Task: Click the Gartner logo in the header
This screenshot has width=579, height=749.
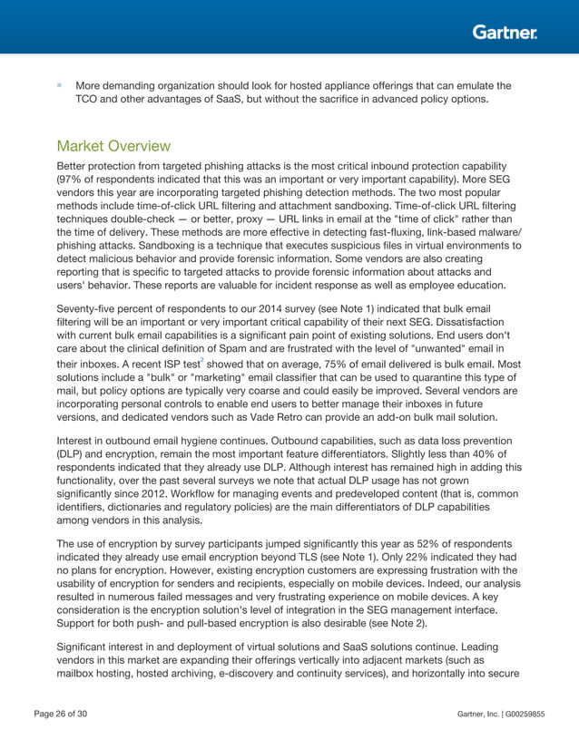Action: [x=504, y=33]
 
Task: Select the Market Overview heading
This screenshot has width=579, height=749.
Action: [x=113, y=146]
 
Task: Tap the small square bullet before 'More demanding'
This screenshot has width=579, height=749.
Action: [x=59, y=85]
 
